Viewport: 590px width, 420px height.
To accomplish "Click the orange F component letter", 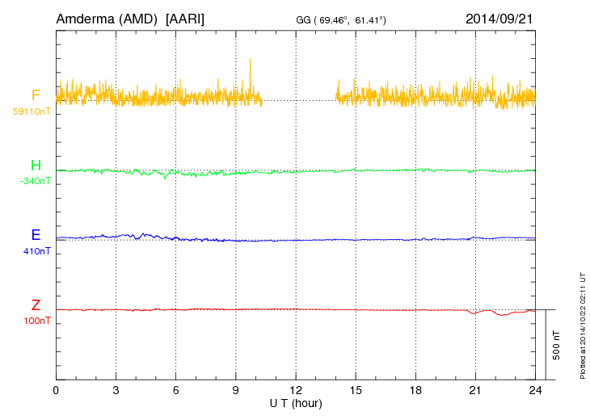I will [36, 95].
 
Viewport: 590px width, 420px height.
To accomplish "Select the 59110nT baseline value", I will [31, 111].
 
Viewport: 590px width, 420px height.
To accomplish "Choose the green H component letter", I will [36, 166].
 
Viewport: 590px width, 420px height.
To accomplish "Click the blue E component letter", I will [36, 235].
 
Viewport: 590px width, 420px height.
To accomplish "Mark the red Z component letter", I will [36, 304].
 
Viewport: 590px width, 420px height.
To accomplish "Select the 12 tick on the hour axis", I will [296, 390].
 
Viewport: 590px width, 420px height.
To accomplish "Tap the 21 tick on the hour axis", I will [475, 390].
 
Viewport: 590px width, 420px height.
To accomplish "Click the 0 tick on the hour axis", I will [57, 390].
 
